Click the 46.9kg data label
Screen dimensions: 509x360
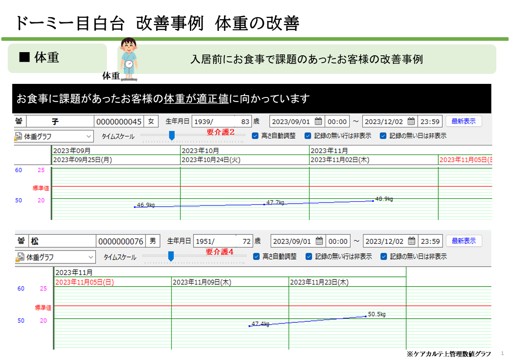point(146,205)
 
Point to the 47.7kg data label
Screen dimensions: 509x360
point(275,202)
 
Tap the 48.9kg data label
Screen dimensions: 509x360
point(384,199)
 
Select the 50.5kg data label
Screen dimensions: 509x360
point(377,314)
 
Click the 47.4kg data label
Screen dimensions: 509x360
point(260,324)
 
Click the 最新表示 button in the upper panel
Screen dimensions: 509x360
point(464,122)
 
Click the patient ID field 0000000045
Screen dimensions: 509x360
point(119,122)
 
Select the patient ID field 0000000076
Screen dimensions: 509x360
point(121,242)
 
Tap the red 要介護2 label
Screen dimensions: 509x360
point(220,132)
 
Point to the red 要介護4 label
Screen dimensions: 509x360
point(219,252)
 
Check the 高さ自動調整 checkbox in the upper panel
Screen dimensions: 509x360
point(255,136)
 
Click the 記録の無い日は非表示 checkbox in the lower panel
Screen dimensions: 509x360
point(383,257)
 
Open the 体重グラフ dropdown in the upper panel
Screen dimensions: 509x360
point(54,136)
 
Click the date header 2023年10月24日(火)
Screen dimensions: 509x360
point(211,160)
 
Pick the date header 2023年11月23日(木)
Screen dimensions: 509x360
point(319,282)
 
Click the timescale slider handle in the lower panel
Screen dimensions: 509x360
point(171,256)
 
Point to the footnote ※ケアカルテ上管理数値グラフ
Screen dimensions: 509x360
point(449,354)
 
